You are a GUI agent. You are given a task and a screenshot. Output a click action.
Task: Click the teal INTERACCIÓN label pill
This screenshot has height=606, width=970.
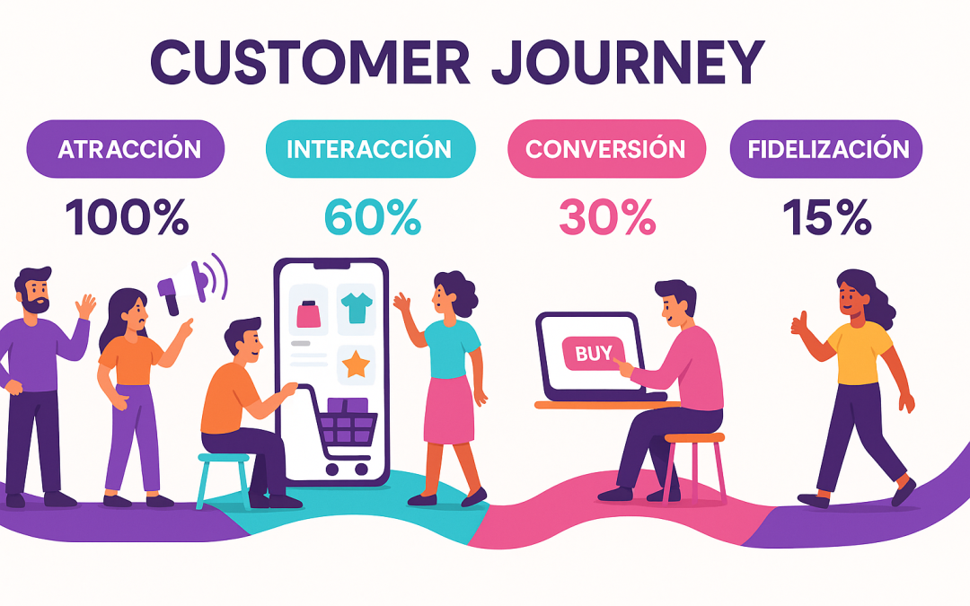(369, 149)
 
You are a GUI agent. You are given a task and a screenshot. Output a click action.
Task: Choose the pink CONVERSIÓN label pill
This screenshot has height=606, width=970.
(605, 149)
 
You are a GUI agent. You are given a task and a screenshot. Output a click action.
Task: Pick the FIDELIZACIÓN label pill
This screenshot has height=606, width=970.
(826, 149)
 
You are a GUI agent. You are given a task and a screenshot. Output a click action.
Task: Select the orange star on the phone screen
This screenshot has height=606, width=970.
(356, 364)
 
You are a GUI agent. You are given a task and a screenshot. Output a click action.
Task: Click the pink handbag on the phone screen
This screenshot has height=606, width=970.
(308, 314)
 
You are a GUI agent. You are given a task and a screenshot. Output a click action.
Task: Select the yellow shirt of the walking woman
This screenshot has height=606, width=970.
(856, 352)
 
